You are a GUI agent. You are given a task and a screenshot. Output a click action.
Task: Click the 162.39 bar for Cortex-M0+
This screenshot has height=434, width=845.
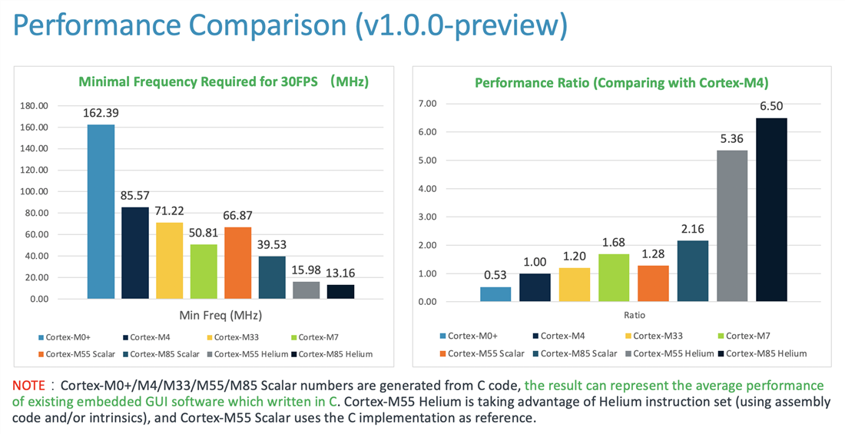[101, 211]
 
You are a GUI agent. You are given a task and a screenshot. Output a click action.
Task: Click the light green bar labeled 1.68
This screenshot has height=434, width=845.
[614, 277]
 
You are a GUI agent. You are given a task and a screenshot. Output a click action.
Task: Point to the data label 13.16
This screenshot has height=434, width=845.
[340, 273]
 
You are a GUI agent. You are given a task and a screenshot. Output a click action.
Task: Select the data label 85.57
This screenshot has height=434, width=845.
[135, 195]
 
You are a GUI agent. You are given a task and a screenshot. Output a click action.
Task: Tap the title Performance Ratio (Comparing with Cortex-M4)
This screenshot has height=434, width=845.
[621, 82]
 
